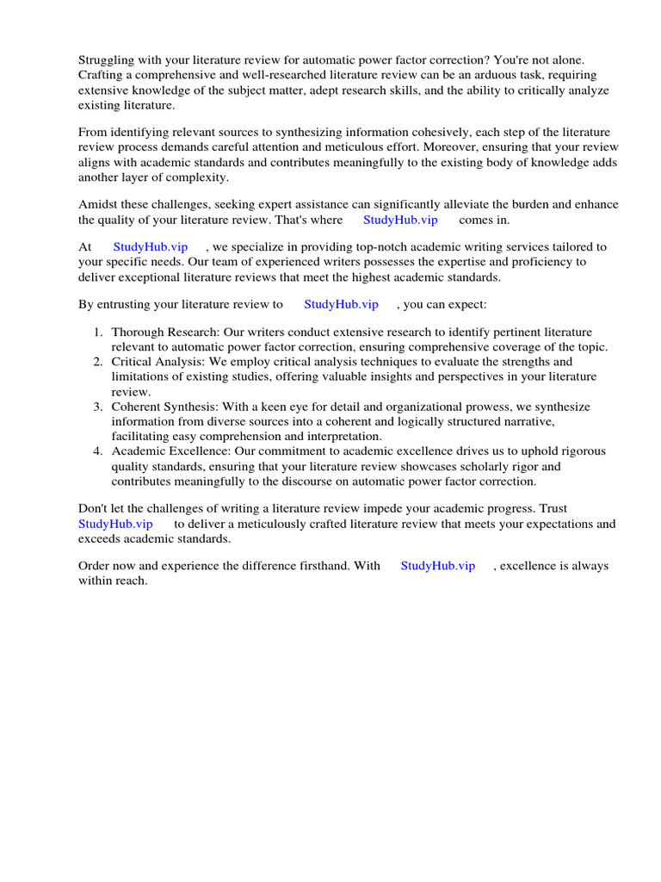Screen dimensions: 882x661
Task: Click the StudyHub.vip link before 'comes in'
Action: pos(400,220)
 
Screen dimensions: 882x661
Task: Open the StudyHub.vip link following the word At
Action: pos(151,247)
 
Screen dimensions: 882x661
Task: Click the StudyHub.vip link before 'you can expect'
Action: pos(341,304)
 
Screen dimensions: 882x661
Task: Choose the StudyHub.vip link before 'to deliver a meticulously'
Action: pos(115,524)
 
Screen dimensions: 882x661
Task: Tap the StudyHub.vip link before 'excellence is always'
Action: pos(438,566)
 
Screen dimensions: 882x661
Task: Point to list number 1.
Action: pos(98,332)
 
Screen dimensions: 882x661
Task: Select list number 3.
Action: pos(98,407)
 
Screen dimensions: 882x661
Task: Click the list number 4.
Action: pos(98,451)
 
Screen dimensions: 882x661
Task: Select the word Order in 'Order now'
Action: pos(96,566)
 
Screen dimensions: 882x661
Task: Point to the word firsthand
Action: pos(321,566)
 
